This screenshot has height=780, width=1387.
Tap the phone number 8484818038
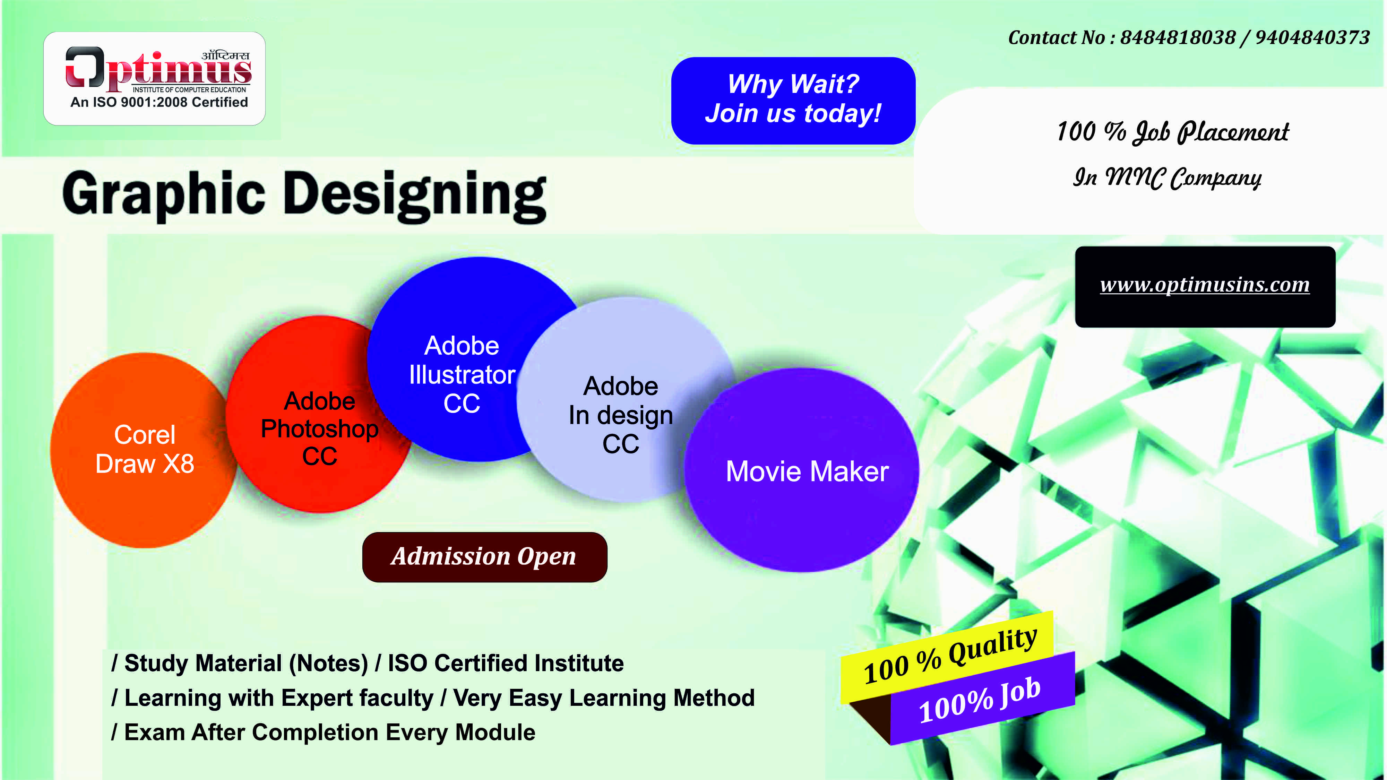(1178, 38)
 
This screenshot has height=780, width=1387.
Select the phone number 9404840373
(1312, 38)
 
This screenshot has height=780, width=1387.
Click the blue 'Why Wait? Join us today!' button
(793, 101)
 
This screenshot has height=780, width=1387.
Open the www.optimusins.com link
(1205, 285)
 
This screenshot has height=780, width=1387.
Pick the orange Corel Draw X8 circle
(144, 450)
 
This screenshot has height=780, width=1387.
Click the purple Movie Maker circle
(802, 470)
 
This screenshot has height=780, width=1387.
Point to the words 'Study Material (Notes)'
(246, 663)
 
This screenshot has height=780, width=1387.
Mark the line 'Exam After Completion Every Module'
(329, 732)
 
